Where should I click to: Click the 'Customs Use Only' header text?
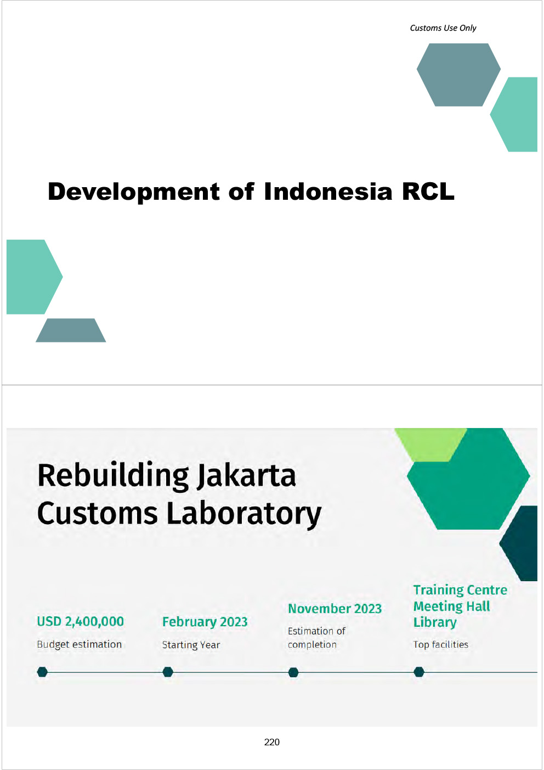coord(443,28)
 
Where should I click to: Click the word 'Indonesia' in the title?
coord(328,192)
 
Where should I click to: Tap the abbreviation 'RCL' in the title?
coord(428,192)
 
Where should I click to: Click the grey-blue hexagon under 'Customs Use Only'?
coord(458,75)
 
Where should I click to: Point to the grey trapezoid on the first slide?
coord(71,330)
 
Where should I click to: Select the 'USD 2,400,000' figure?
coord(81,621)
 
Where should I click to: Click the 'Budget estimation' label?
coord(80,644)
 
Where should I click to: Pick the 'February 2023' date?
coord(205,622)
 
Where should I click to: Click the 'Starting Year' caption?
coord(191,645)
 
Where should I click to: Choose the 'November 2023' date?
coord(335,609)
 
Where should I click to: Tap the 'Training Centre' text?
coord(460,590)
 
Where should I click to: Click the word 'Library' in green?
coord(435,622)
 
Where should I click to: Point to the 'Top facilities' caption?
coord(440,644)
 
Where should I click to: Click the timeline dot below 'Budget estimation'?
coord(42,672)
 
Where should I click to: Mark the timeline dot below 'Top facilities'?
coord(419,672)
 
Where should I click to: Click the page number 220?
coord(271,742)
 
